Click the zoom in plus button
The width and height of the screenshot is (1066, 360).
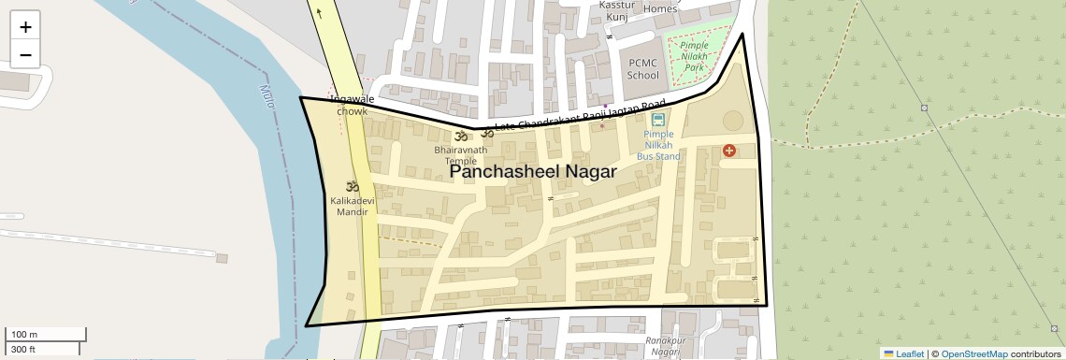click(25, 26)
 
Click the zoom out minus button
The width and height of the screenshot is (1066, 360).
click(25, 54)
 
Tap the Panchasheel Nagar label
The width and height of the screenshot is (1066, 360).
click(533, 172)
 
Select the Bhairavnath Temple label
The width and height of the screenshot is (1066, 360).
click(460, 154)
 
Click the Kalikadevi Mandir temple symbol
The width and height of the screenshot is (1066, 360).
click(353, 186)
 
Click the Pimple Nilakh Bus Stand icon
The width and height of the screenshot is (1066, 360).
click(658, 119)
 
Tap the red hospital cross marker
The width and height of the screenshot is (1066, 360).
click(729, 151)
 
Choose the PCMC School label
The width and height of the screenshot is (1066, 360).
click(642, 69)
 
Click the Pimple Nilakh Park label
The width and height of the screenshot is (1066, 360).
click(693, 56)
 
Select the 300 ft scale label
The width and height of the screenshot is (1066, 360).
click(23, 350)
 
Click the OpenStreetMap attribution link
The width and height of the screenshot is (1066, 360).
click(973, 353)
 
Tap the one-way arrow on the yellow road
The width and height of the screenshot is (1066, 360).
click(320, 13)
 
